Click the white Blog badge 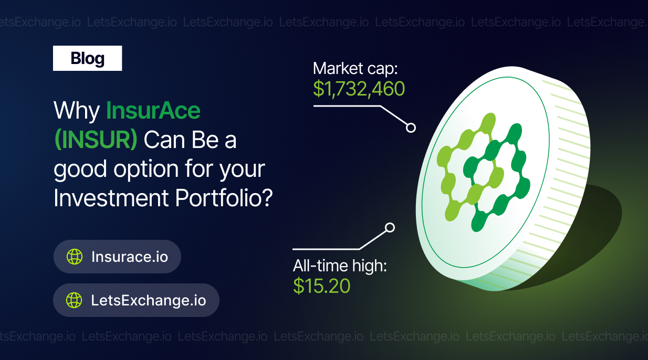coord(87,58)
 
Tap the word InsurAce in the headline coord(153,110)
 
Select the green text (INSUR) coord(96,140)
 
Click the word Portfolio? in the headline coord(224,198)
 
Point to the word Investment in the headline coord(111,198)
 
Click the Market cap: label coord(355,69)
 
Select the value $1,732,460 coord(359,89)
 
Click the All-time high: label coord(340,266)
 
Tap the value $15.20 coord(322,285)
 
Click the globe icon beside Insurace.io coord(75,257)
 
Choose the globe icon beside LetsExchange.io coord(74,300)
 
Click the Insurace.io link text coord(130,257)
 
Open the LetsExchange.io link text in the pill coord(149,300)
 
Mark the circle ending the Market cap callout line coord(411,128)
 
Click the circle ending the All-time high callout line coord(390,228)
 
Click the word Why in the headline coord(77,111)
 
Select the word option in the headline coord(146,170)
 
